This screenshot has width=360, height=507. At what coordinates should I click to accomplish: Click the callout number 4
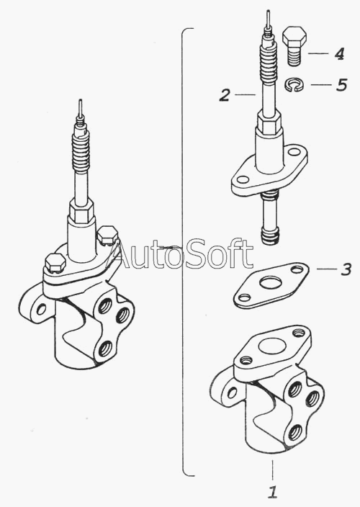339,53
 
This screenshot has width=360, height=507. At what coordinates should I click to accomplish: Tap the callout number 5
341,85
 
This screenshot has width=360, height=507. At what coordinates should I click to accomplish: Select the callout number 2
225,95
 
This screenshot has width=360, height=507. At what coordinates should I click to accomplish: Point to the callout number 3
346,269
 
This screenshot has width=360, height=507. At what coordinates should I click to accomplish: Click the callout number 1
273,491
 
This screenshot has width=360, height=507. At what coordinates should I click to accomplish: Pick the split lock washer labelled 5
294,84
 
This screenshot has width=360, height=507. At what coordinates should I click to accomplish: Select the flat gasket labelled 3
271,285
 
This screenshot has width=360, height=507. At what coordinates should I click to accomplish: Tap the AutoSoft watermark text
181,254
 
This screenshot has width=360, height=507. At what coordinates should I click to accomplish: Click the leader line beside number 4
318,53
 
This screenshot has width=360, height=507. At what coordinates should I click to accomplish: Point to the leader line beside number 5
321,85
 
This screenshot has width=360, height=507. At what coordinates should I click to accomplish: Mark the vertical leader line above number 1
273,469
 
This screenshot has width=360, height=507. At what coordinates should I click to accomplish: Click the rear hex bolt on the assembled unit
108,235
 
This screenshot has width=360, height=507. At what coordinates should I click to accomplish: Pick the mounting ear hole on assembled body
41,310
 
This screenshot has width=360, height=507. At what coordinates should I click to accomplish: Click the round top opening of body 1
272,346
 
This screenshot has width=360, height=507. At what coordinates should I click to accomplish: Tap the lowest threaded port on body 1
295,432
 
